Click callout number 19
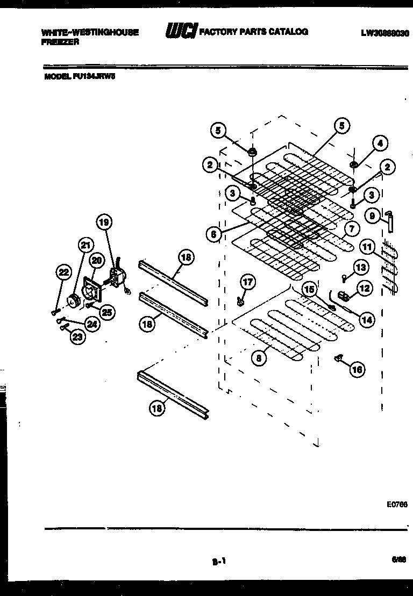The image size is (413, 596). click(105, 221)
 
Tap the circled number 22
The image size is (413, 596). click(63, 273)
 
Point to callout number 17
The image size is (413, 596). click(247, 282)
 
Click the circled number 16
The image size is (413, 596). click(357, 369)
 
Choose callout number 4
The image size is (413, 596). click(380, 143)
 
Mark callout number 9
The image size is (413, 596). click(371, 216)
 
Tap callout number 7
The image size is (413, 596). click(351, 229)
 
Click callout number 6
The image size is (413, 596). click(213, 234)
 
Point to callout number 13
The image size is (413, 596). click(360, 267)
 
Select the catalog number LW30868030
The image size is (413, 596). click(384, 33)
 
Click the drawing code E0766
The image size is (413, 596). click(397, 505)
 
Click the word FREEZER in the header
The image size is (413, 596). click(60, 41)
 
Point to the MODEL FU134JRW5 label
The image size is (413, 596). click(79, 76)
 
